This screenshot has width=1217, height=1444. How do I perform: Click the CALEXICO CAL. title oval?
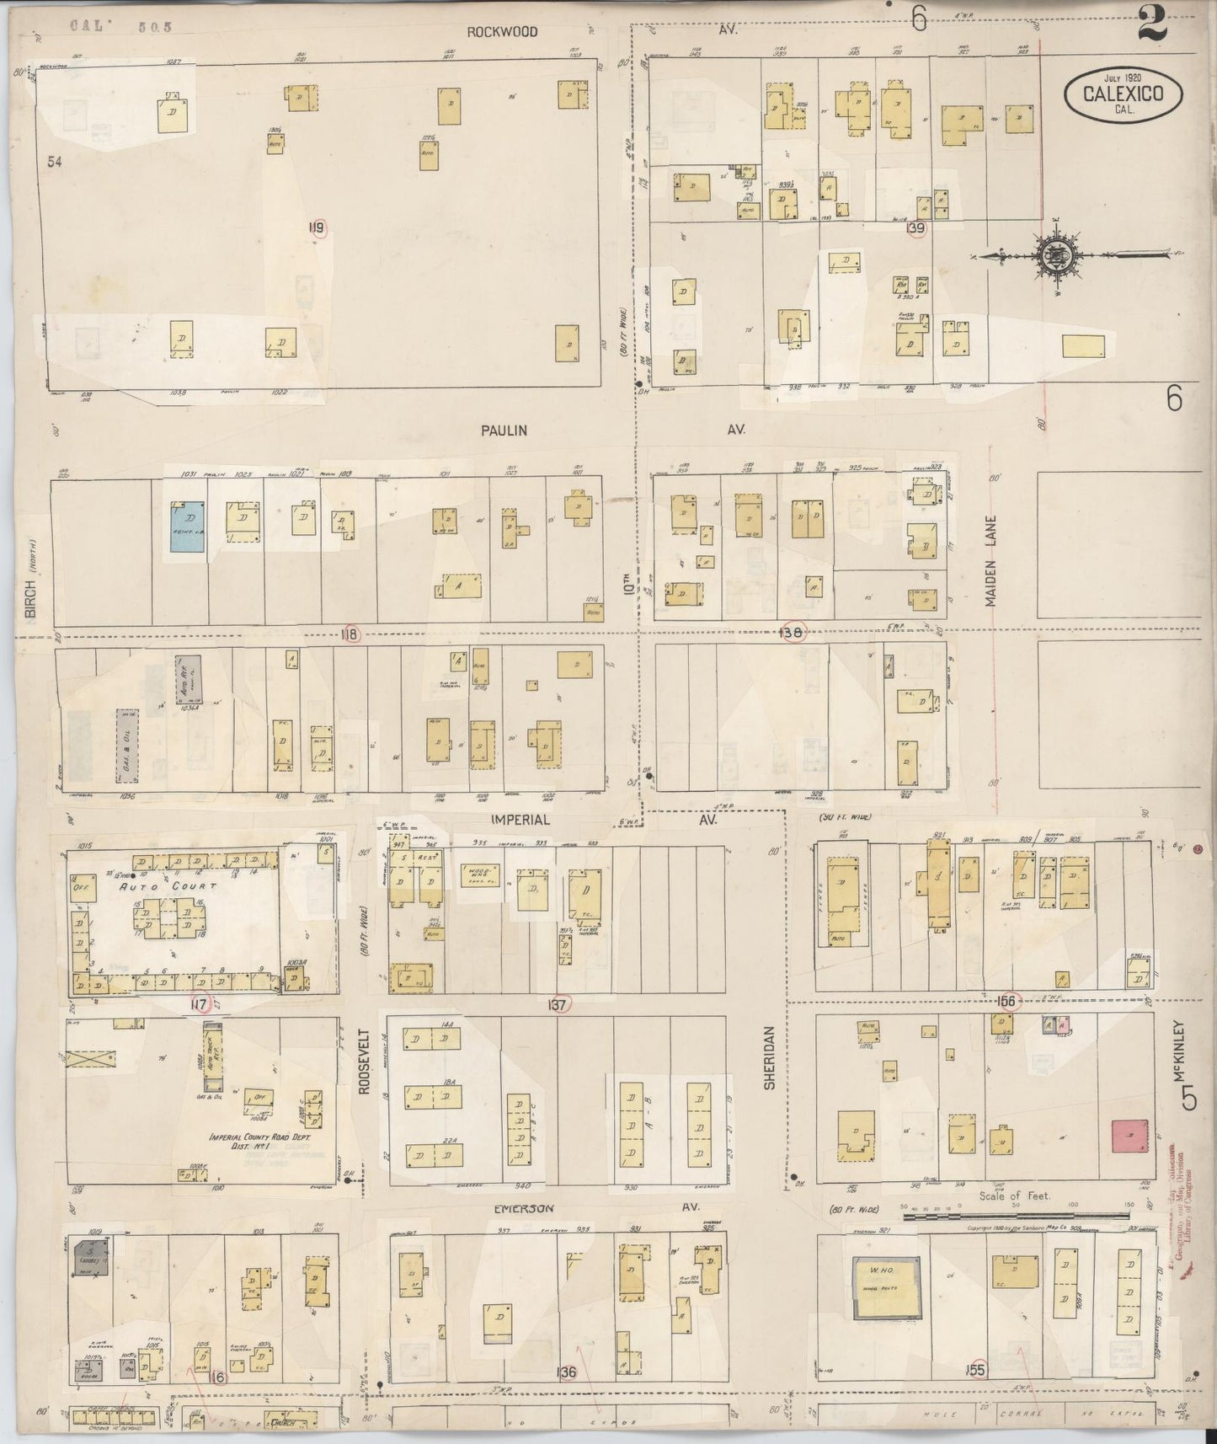(x=1123, y=94)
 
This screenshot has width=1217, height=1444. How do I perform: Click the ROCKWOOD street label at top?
(x=503, y=32)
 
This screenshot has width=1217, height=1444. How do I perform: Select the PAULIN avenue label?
(x=504, y=431)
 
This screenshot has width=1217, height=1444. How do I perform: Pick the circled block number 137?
(x=558, y=1003)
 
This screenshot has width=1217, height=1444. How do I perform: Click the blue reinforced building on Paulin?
(x=187, y=527)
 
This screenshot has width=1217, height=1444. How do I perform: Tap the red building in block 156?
(x=1129, y=1137)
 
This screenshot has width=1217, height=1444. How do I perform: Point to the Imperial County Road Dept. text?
(x=260, y=1142)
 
